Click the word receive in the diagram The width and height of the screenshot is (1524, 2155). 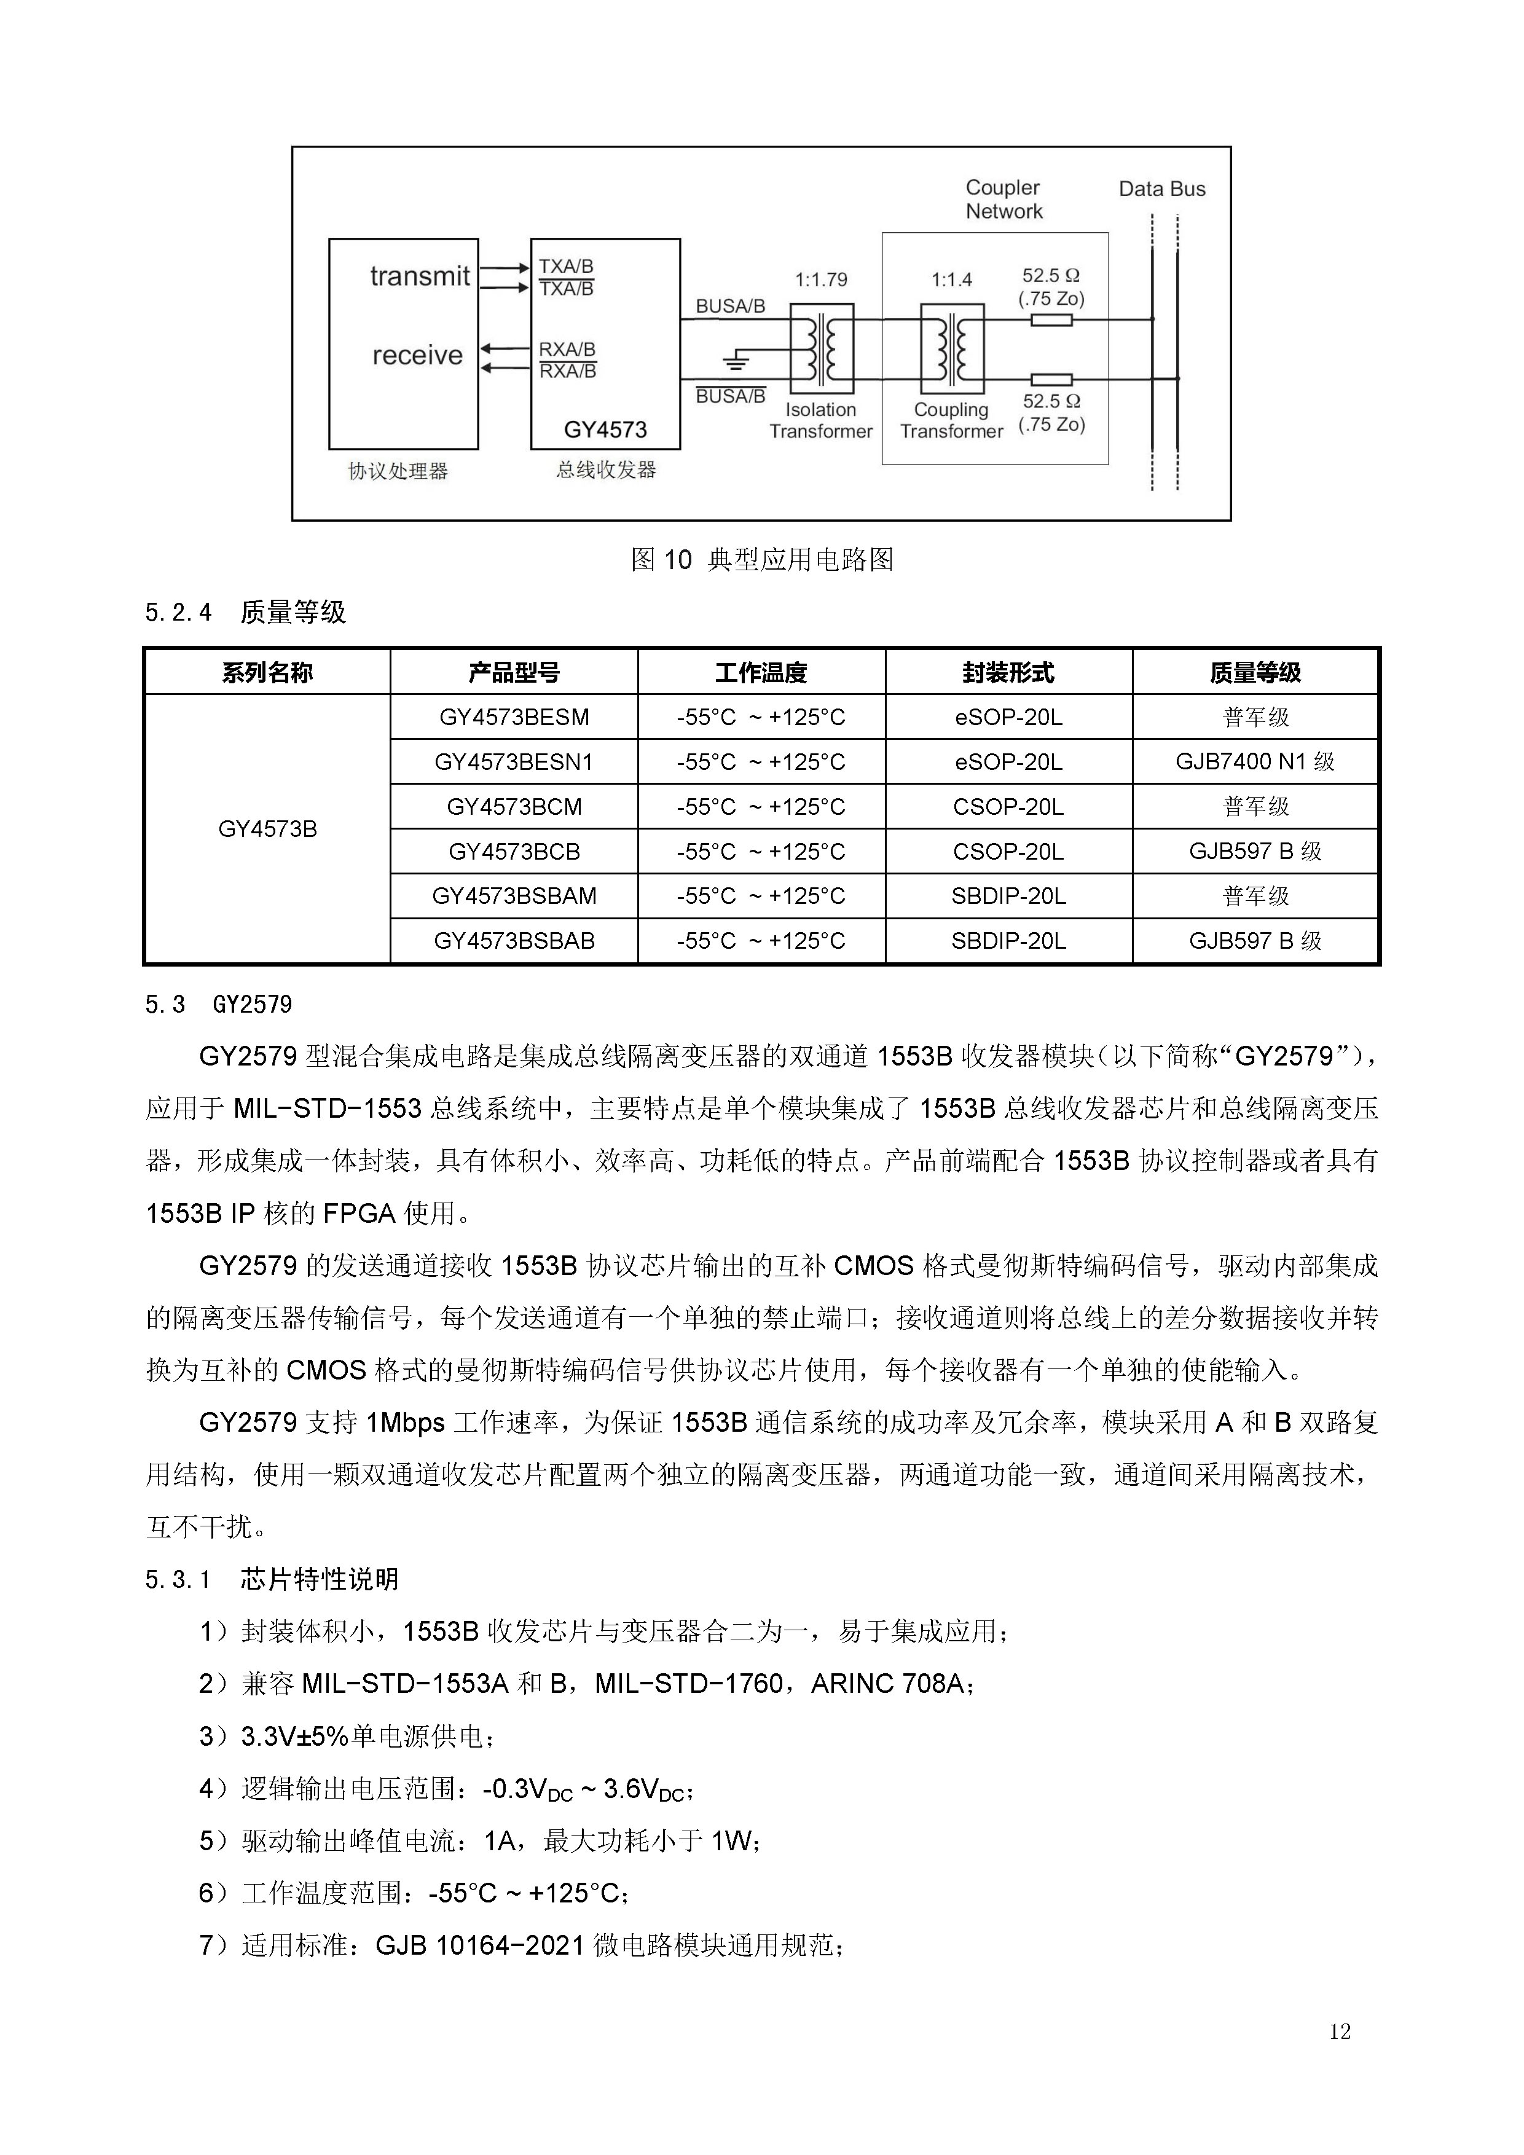418,356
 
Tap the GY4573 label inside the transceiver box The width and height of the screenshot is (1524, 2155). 605,430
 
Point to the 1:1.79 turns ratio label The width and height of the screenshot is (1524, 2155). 820,280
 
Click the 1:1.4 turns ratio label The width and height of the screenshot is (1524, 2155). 951,280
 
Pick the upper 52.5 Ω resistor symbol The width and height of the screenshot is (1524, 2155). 1051,320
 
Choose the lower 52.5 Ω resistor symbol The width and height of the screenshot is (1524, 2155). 1051,379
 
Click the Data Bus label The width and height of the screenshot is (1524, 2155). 1162,189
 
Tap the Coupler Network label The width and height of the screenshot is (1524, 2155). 1003,200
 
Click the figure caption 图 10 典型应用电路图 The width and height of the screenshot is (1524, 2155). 761,560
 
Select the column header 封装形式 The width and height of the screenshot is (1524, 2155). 1008,672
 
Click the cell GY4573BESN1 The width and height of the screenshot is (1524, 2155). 513,762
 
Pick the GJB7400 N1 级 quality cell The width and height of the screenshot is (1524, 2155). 1255,762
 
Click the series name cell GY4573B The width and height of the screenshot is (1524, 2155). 267,830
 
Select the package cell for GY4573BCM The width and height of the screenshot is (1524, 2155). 1008,807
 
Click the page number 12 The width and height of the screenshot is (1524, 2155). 1339,2031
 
